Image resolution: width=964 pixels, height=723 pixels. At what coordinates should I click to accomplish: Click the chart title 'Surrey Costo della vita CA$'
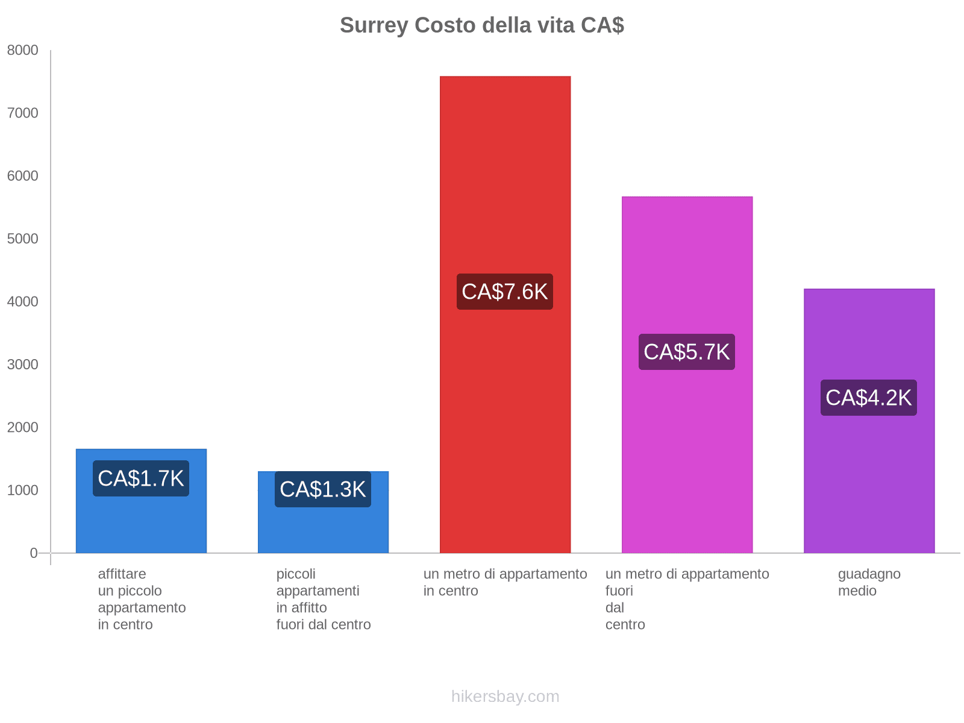[481, 25]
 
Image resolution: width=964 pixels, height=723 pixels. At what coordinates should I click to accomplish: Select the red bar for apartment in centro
[505, 181]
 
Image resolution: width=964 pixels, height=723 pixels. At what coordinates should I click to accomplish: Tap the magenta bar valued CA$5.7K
[687, 271]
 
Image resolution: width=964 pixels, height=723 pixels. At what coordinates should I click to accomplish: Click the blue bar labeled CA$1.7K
[141, 524]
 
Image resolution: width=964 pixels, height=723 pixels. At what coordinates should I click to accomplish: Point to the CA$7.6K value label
[505, 292]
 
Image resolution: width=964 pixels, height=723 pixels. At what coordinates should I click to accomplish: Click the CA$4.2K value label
[869, 398]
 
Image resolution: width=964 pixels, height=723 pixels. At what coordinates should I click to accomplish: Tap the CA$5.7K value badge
[687, 352]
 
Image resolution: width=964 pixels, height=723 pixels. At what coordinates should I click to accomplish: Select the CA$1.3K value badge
[323, 489]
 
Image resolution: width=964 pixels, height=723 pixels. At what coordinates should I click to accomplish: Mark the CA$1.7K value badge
[141, 478]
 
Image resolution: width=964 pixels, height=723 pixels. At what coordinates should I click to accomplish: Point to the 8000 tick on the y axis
[22, 51]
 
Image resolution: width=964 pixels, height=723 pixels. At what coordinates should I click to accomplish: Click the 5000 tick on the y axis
[22, 239]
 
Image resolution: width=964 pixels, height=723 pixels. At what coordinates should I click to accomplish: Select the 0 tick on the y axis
[34, 553]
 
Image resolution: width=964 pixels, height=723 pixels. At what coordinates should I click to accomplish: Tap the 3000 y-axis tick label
[22, 365]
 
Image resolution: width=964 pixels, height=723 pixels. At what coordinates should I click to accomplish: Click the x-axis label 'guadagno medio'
[869, 582]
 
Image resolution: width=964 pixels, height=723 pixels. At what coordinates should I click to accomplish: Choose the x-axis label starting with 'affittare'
[142, 599]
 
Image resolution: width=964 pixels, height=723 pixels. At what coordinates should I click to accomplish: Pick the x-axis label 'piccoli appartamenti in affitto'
[324, 599]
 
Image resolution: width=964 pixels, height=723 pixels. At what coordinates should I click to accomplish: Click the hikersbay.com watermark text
[505, 696]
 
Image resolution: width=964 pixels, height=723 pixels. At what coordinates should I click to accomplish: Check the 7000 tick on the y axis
[22, 113]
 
